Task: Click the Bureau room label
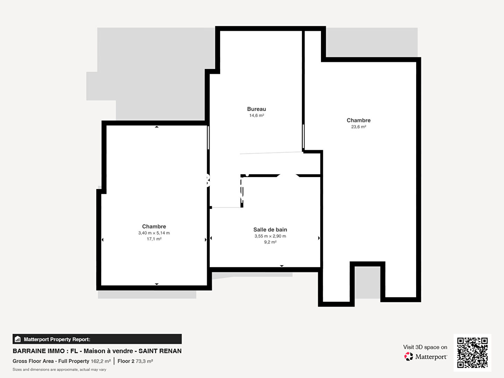(257, 109)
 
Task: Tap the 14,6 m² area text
(257, 115)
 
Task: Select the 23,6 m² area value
(358, 127)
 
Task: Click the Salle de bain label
(270, 230)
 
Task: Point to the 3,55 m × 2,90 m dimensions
(270, 236)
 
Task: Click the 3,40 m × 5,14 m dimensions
(154, 233)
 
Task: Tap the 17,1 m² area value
(154, 239)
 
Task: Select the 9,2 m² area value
(270, 242)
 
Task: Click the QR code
(472, 352)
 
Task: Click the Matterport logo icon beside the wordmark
(408, 356)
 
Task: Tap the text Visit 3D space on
(425, 347)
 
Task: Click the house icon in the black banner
(18, 339)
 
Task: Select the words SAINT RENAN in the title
(160, 351)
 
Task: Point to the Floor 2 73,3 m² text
(135, 361)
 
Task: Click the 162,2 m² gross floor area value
(100, 361)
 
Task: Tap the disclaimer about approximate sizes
(59, 370)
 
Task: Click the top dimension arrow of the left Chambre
(156, 127)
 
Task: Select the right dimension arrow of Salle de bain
(319, 238)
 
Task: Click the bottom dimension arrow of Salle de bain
(282, 266)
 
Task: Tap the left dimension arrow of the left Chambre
(103, 240)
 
